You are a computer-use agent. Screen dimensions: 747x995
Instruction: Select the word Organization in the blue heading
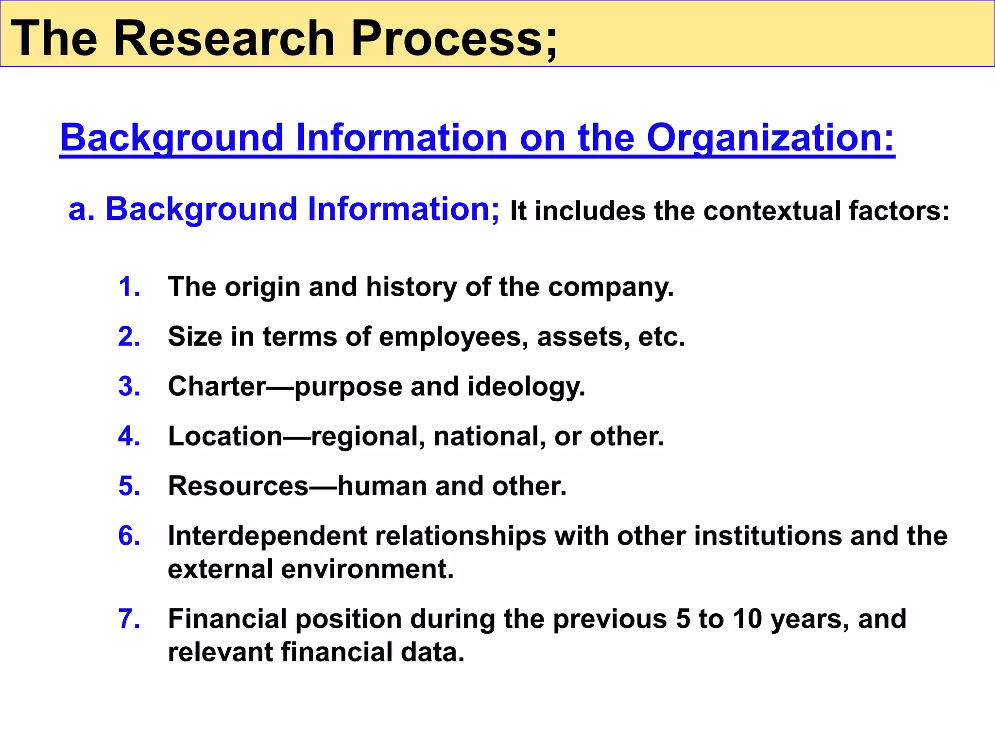click(x=770, y=138)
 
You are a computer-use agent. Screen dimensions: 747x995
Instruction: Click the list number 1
click(x=129, y=286)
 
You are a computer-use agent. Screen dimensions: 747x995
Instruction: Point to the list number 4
click(x=129, y=436)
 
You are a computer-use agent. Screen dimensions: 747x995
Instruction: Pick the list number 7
click(x=129, y=619)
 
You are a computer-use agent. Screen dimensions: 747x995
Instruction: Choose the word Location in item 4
click(x=225, y=436)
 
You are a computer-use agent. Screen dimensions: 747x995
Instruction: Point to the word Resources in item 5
click(x=238, y=486)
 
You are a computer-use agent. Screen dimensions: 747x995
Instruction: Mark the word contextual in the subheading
click(x=772, y=211)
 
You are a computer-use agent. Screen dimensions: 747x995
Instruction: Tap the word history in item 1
click(x=411, y=287)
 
